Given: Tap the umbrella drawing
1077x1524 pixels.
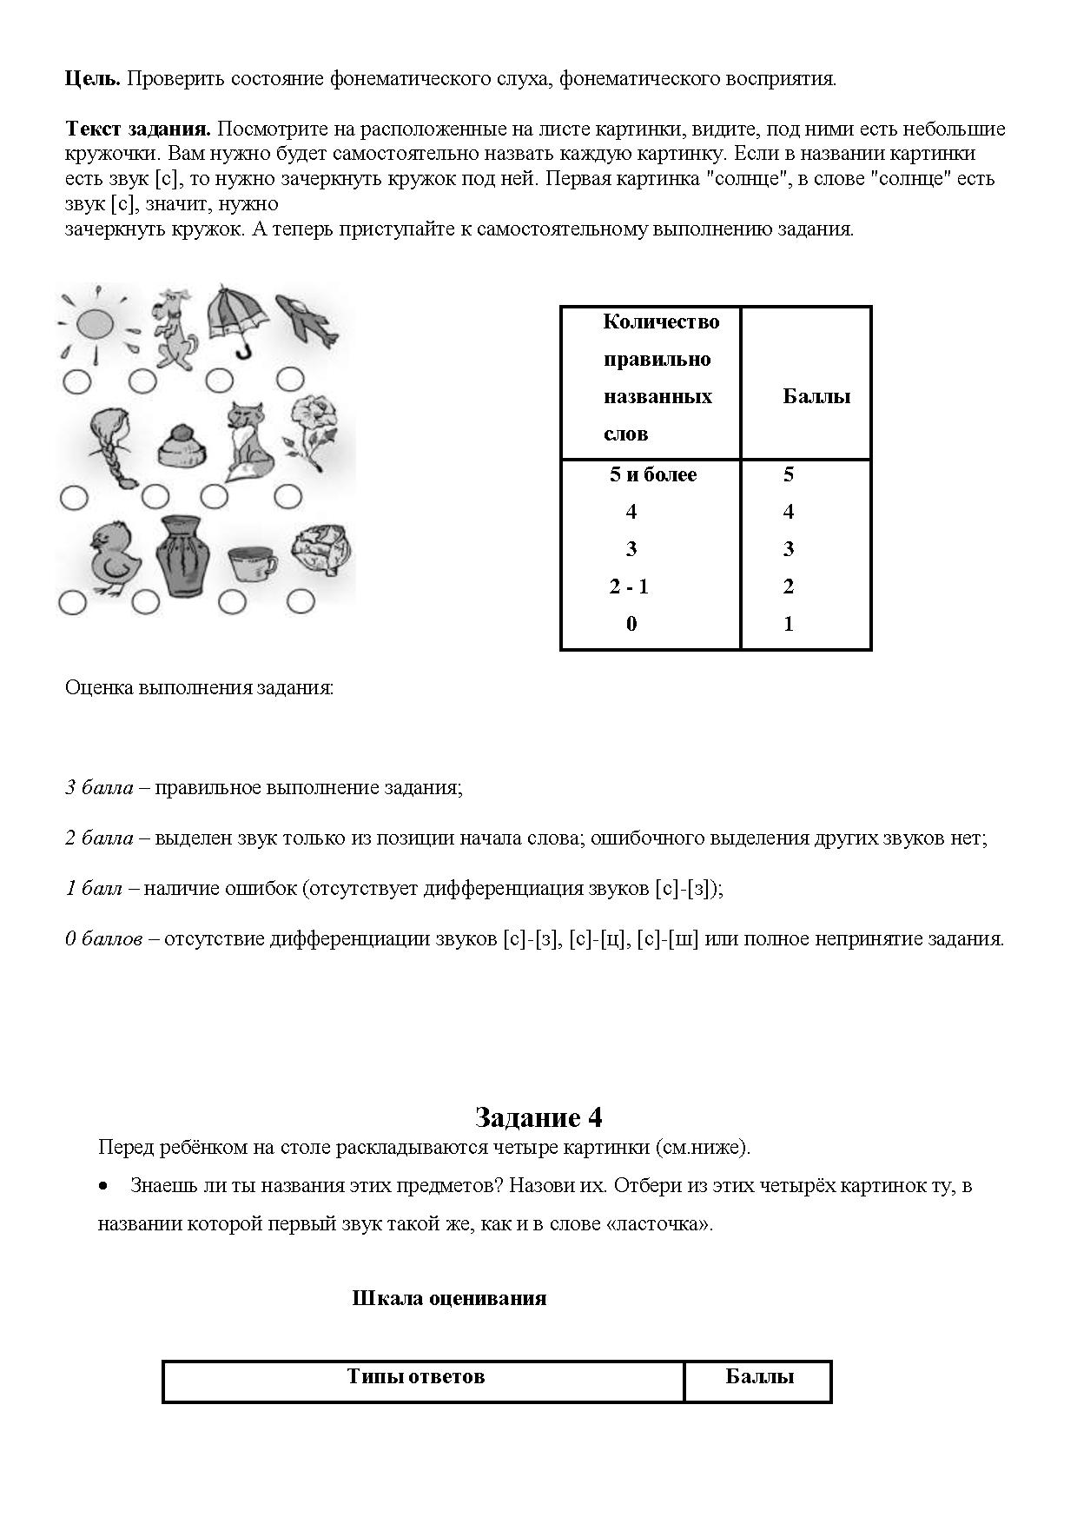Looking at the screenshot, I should [237, 318].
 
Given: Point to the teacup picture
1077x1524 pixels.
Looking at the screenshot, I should [252, 564].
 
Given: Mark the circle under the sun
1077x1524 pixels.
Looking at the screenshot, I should [76, 381].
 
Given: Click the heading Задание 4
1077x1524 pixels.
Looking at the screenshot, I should [538, 1117].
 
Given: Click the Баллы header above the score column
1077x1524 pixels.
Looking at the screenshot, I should [816, 397].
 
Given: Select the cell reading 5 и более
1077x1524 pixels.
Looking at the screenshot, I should [653, 474].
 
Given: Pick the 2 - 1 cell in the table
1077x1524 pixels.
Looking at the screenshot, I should [629, 586].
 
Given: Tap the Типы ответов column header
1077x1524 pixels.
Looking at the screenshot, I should [416, 1376].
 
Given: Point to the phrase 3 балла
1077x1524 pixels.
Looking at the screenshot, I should [99, 788].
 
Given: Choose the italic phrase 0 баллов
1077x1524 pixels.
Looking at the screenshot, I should [103, 939].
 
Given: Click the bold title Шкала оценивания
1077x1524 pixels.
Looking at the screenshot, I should [449, 1298].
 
